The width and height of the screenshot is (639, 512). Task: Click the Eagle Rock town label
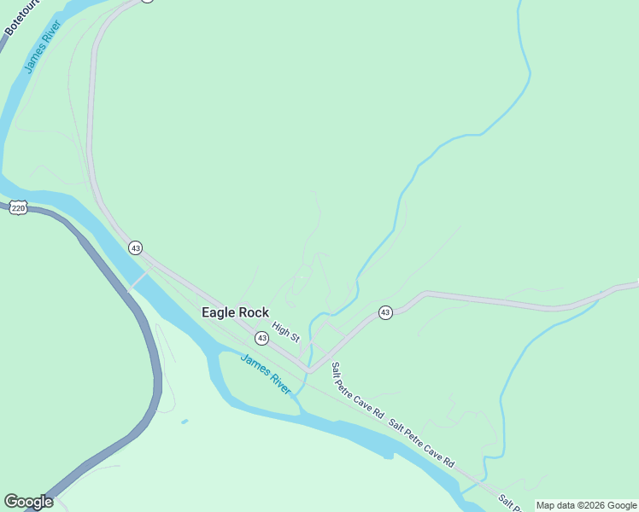[x=235, y=313]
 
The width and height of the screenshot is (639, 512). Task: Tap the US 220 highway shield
[x=19, y=207]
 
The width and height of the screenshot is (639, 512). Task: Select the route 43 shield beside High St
[x=261, y=339]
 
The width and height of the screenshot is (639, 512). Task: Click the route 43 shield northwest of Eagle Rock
[x=135, y=247]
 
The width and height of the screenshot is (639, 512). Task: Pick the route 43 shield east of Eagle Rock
[x=385, y=313]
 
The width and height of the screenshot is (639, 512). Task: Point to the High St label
[x=285, y=331]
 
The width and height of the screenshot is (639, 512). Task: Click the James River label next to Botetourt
[x=40, y=49]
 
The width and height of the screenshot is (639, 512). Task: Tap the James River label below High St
[x=266, y=372]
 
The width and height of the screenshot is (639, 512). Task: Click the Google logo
[x=28, y=502]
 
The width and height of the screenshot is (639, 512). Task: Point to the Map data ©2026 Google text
[x=586, y=505]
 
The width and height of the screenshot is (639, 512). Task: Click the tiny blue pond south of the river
[x=185, y=421]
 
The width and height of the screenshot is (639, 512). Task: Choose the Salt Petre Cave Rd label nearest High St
[x=357, y=389]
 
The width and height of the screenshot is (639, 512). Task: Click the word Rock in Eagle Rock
[x=254, y=313]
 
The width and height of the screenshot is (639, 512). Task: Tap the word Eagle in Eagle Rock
[x=219, y=313]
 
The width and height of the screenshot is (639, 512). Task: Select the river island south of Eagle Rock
[x=256, y=384]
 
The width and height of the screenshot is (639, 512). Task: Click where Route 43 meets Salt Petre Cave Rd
[x=310, y=370]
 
